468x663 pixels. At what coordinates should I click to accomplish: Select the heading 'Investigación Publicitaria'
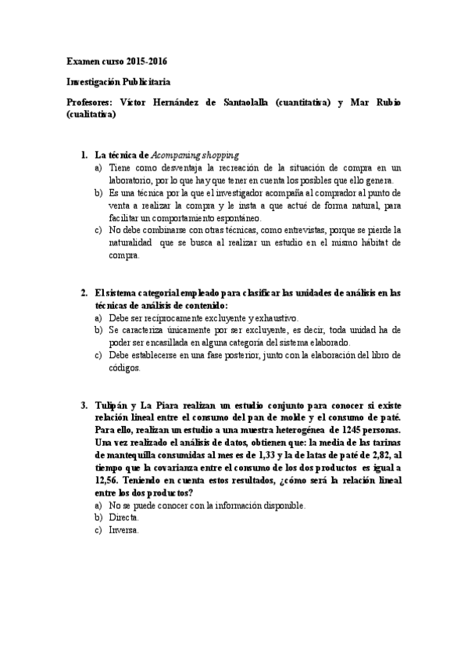tap(118, 81)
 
